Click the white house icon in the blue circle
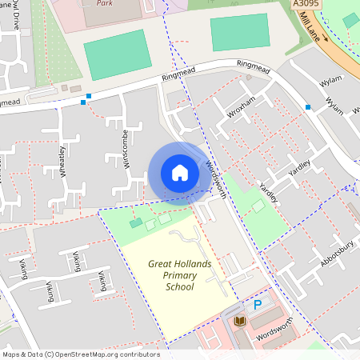coord(180,173)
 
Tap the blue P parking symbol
coord(258,304)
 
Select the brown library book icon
coord(240,322)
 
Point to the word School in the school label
coord(179,286)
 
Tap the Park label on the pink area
coord(103,3)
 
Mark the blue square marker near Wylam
coord(307,106)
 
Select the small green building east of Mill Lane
coord(350,20)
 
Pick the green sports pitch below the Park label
coord(117,54)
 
